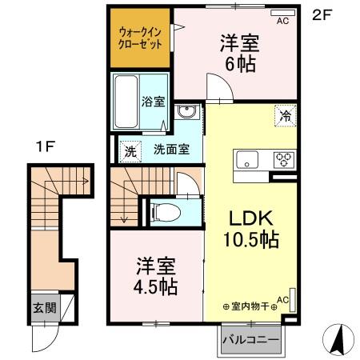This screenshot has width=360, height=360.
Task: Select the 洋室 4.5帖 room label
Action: pos(155,274)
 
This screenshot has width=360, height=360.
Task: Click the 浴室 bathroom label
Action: pos(153,102)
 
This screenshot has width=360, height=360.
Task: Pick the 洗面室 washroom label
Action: pos(171,150)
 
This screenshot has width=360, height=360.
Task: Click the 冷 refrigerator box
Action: pos(286,114)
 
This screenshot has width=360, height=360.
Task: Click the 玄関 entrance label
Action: pos(42,307)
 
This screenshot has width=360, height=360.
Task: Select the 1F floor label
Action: pos(44,146)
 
